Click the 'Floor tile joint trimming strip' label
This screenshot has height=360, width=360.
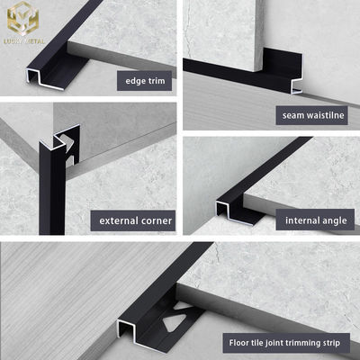tap(284, 343)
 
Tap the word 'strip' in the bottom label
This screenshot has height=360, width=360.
tap(334, 343)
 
